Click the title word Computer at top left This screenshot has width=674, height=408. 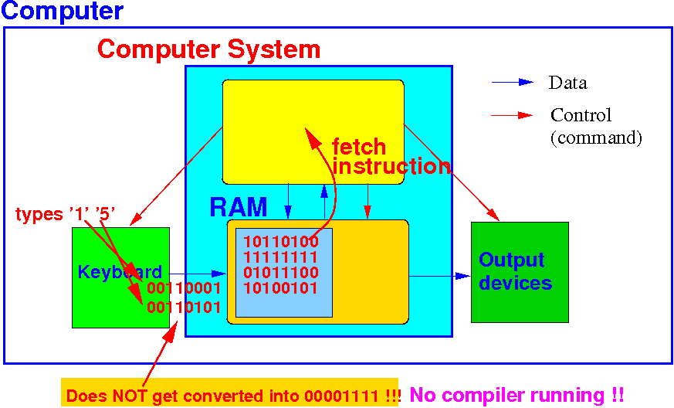62,12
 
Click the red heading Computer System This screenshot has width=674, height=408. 208,49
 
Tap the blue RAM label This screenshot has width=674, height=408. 239,207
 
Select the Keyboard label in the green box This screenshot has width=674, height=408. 120,272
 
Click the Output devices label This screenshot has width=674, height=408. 515,271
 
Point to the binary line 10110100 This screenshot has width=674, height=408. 276,241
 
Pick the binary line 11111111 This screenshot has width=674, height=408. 276,257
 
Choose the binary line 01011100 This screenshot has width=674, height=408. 276,272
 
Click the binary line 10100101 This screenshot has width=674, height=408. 276,288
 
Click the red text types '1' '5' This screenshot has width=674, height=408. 66,215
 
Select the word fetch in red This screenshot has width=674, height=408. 359,147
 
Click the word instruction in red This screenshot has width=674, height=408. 391,166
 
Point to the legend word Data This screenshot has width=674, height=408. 567,83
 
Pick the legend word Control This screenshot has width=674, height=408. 581,115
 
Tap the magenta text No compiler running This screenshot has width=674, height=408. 517,395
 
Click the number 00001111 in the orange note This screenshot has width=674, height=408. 344,396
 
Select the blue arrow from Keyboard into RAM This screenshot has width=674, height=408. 197,273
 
